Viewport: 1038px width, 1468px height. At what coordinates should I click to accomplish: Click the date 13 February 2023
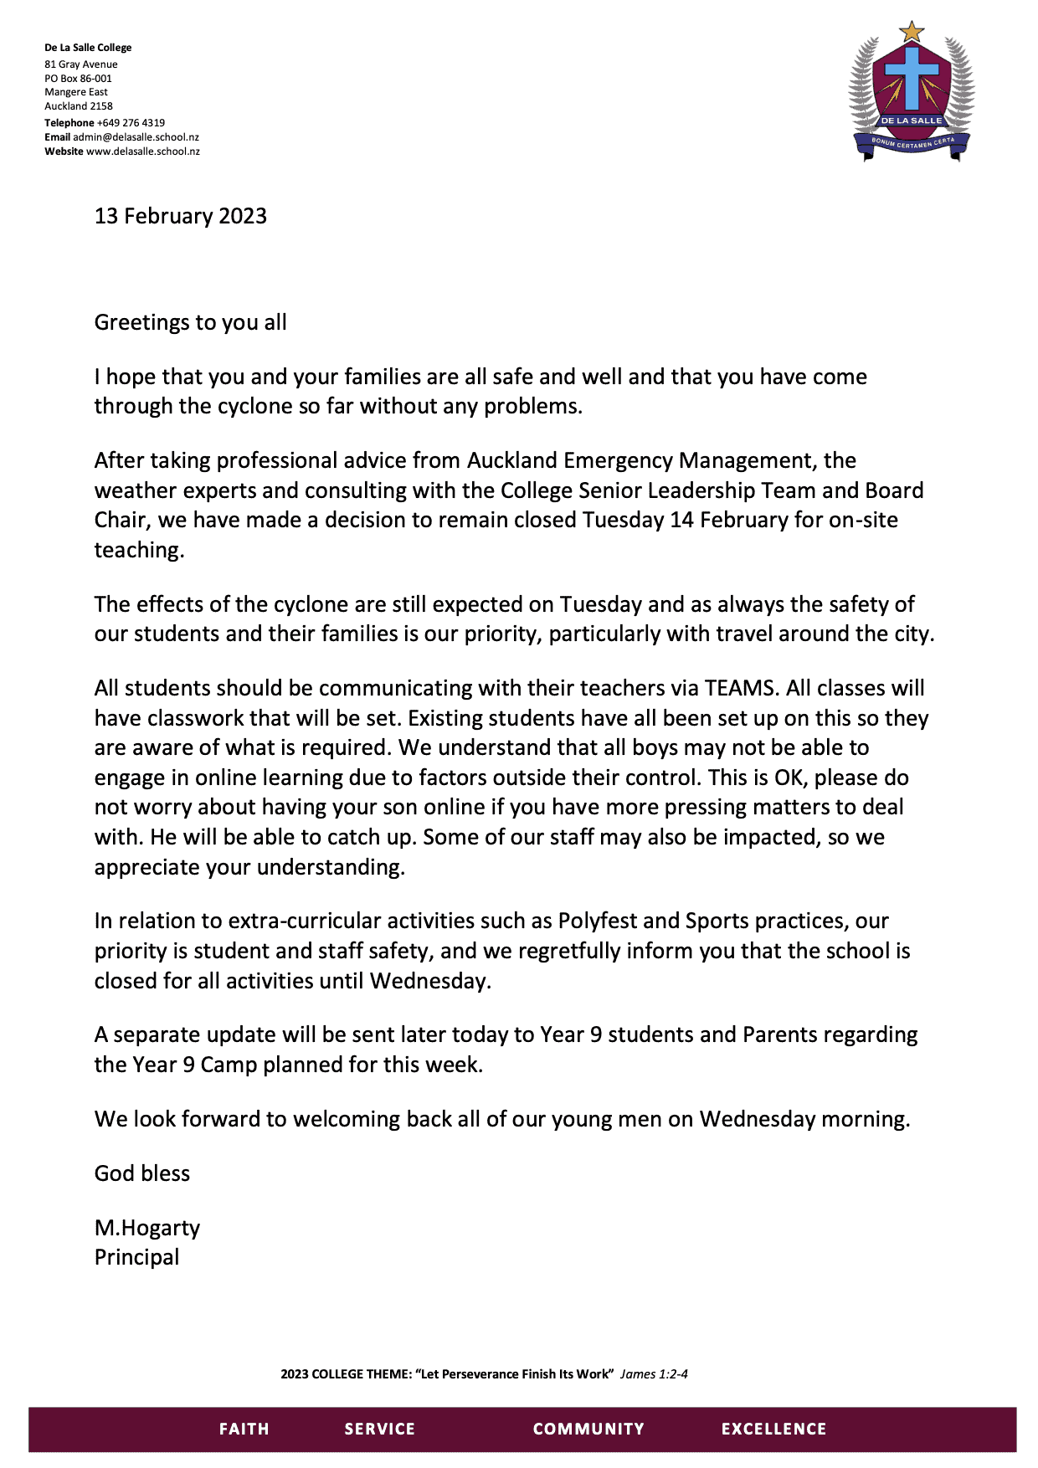coord(180,216)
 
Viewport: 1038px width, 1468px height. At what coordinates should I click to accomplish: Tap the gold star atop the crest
coord(912,33)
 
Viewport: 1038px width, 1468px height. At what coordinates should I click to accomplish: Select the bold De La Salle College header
coord(88,48)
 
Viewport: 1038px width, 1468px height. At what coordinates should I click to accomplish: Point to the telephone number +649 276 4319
coord(131,122)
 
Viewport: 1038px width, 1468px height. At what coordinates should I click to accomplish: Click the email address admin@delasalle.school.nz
coord(136,137)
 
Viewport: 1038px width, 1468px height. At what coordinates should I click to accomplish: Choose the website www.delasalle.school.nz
coord(143,151)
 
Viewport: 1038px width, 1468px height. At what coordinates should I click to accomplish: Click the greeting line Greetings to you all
coord(190,322)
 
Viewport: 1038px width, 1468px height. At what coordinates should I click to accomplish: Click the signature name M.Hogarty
coord(147,1228)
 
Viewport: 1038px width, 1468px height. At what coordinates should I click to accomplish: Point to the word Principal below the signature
coord(136,1257)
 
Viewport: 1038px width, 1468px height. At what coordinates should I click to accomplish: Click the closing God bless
coord(142,1173)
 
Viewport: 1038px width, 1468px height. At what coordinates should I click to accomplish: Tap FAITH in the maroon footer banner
coord(244,1429)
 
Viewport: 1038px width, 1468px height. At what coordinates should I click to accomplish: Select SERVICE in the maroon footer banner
coord(379,1429)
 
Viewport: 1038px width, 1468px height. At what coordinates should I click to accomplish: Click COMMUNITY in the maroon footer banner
coord(588,1429)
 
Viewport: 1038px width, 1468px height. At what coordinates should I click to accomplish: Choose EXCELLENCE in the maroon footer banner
coord(773,1429)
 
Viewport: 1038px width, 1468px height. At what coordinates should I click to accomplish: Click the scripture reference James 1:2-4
coord(654,1373)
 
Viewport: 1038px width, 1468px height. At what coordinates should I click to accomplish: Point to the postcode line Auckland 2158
coord(79,106)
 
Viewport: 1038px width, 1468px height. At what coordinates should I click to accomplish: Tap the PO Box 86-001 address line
coord(78,79)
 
